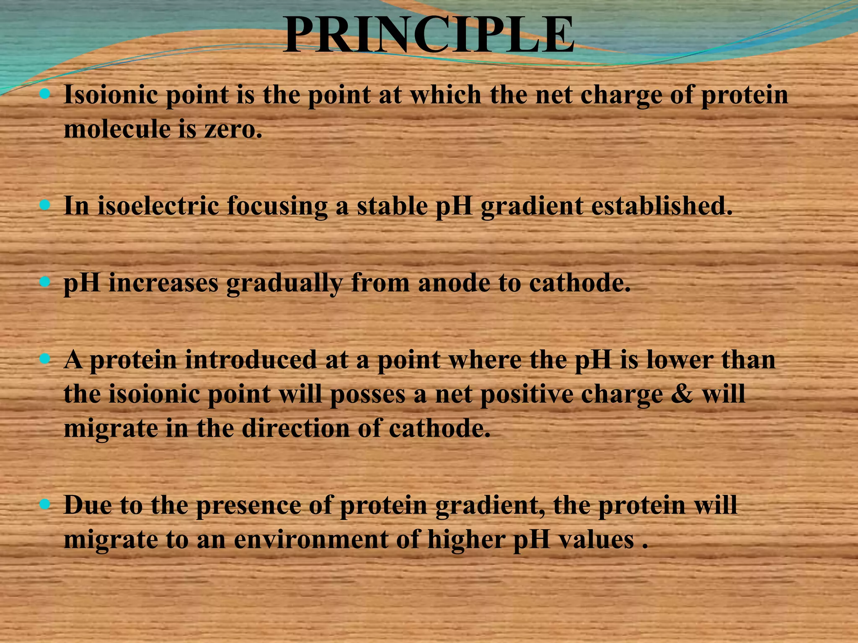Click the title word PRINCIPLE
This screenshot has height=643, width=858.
click(428, 35)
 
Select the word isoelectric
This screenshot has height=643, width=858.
click(158, 206)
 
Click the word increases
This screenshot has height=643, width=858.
click(163, 283)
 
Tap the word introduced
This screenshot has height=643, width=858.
click(251, 360)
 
